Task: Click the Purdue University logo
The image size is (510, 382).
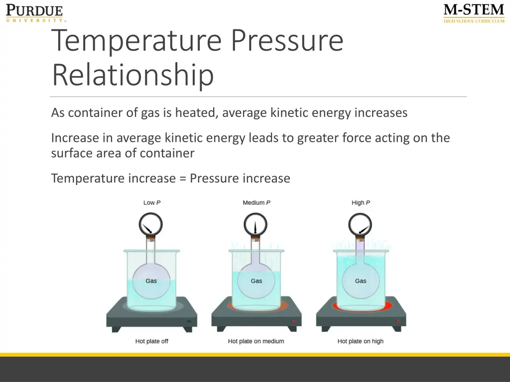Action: [x=35, y=13]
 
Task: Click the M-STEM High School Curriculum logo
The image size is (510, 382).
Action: [x=474, y=13]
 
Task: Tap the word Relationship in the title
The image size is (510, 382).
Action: [x=132, y=75]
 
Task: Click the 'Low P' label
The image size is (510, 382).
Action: [x=152, y=202]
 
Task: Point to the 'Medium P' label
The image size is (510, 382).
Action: [x=256, y=202]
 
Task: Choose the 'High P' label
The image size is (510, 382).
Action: [x=361, y=202]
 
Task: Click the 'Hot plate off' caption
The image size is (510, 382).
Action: [x=151, y=341]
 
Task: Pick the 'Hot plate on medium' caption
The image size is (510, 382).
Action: [x=256, y=341]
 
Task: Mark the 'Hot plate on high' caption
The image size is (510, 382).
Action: [x=361, y=341]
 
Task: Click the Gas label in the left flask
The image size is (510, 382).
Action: [x=151, y=281]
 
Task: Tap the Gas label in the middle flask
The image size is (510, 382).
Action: [x=256, y=281]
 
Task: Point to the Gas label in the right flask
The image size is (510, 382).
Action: [x=361, y=281]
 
